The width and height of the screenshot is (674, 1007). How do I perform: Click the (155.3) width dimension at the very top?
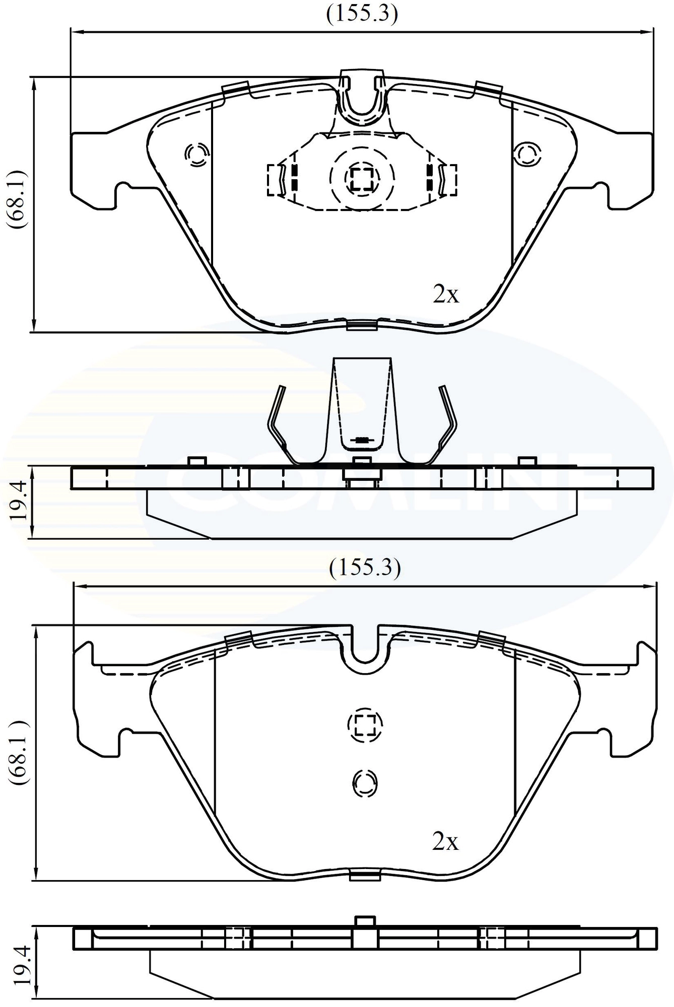pos(362,14)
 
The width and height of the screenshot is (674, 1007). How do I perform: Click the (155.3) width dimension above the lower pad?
pos(365,568)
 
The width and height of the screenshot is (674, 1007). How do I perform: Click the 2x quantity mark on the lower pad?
pos(445,841)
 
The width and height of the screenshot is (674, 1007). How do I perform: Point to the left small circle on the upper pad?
pos(197,154)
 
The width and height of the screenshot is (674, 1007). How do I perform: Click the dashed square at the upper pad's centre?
pos(362,177)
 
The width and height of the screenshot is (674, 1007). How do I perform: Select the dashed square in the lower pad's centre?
pos(365,725)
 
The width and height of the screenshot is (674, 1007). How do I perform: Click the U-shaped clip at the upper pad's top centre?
pos(362,101)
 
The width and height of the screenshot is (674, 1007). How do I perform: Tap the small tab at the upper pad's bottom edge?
pos(362,326)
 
